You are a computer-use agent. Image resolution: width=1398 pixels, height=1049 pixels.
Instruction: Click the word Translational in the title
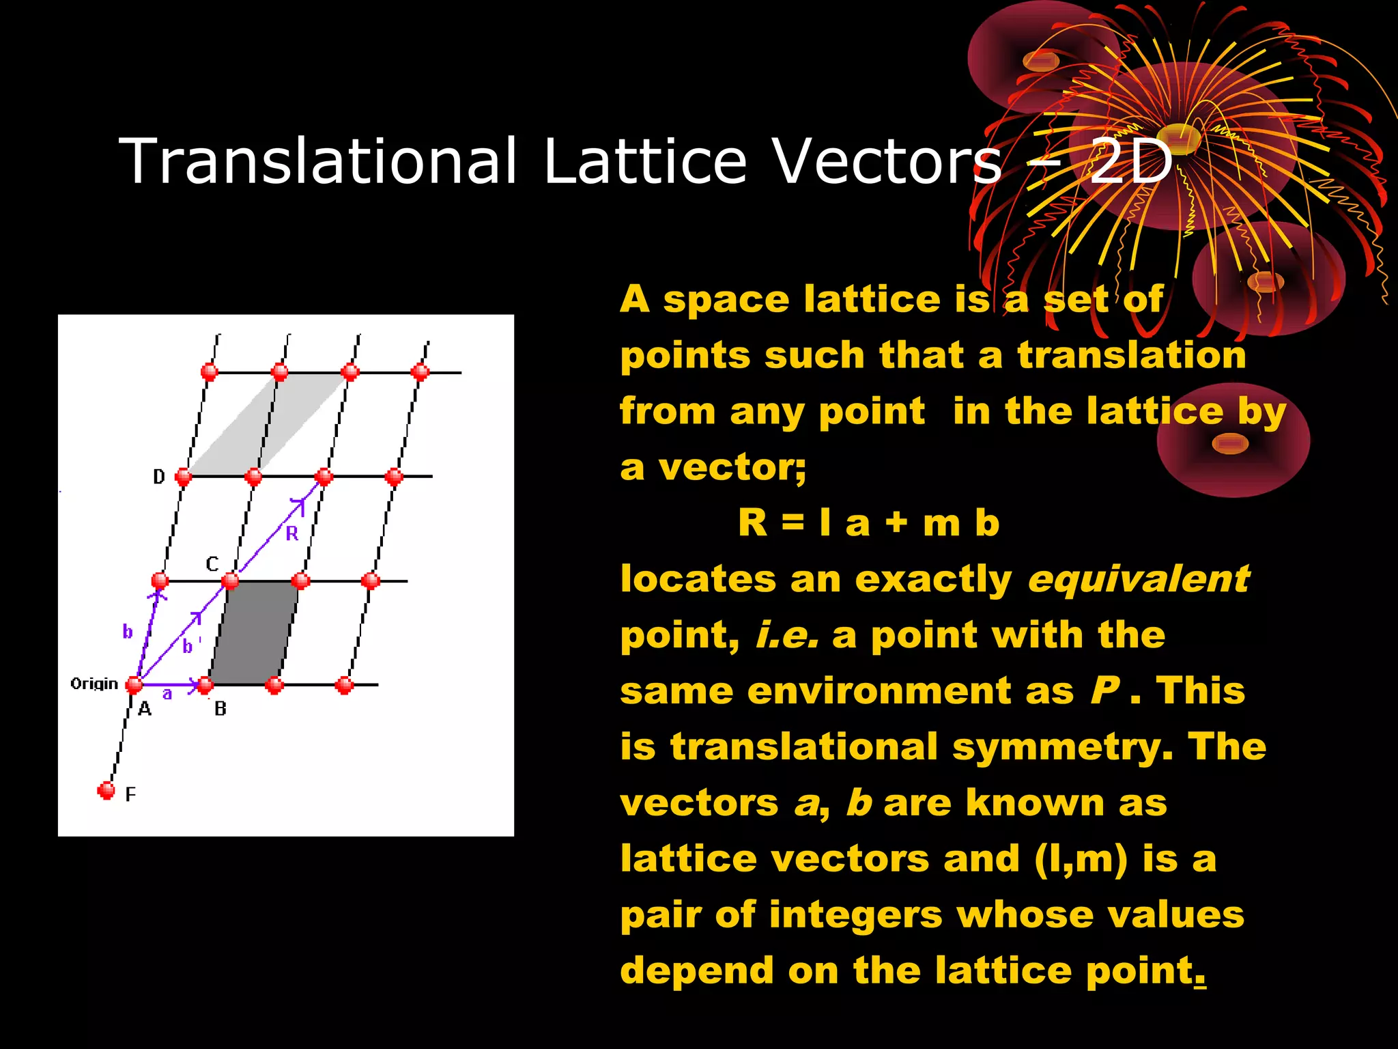[x=317, y=160]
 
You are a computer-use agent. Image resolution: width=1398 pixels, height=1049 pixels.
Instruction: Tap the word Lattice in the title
[x=645, y=160]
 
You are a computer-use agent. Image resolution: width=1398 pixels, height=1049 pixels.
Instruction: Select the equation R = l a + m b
[x=868, y=524]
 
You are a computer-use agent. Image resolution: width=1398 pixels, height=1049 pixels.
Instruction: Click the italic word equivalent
[x=1138, y=580]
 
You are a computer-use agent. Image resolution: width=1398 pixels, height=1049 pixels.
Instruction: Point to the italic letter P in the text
[x=1104, y=690]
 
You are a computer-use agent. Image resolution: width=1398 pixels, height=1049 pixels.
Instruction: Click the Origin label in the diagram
[x=94, y=684]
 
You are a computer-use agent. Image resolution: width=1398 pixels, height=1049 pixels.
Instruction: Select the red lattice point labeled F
[x=106, y=790]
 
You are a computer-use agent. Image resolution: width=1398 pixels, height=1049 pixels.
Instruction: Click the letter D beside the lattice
[x=159, y=477]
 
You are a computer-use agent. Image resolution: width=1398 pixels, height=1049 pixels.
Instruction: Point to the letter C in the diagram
[x=212, y=564]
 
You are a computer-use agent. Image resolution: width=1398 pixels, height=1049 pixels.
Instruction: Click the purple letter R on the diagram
[x=292, y=533]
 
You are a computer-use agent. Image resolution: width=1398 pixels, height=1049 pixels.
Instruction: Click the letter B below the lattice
[x=220, y=709]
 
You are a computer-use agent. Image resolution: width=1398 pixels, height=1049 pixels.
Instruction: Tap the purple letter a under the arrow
[x=167, y=694]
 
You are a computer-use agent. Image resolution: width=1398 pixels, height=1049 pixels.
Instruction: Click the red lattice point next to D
[x=183, y=476]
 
